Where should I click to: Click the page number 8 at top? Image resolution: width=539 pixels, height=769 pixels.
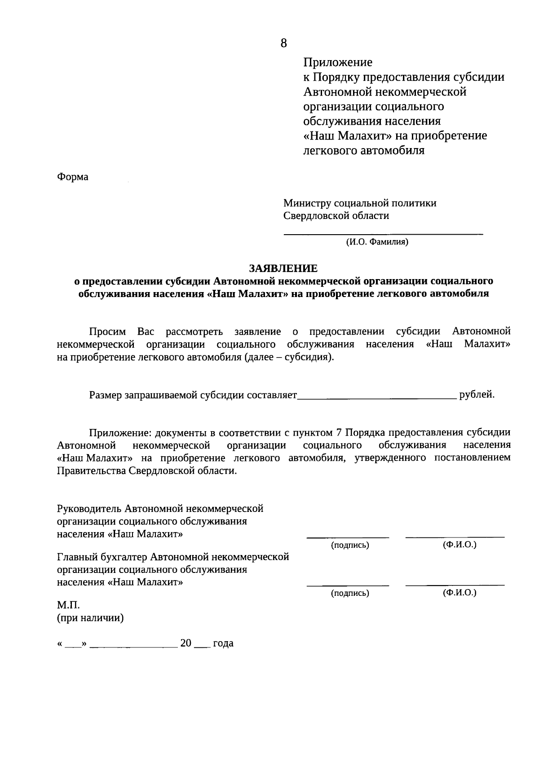coord(283,44)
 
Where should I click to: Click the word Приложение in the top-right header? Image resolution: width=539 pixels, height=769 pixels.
coord(338,62)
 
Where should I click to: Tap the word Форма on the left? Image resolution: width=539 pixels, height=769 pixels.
coord(73,177)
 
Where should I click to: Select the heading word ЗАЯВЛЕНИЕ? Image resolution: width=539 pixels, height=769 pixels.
coord(283,268)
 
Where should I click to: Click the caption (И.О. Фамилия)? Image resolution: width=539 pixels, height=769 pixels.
coord(377,243)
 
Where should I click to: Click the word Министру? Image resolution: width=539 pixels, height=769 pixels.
coord(307,203)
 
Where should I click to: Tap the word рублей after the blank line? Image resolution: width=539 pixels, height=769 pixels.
coord(477,395)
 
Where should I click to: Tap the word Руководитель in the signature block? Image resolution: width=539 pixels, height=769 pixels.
coord(89,509)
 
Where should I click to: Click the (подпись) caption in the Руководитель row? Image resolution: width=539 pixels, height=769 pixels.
coord(350,546)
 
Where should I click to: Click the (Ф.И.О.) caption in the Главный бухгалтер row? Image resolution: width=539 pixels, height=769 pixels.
coord(459,593)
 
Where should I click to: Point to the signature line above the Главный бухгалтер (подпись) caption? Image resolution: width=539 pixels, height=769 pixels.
coord(348,585)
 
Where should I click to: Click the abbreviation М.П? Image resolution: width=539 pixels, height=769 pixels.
coord(68,606)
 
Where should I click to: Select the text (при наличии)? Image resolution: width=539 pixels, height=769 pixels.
coord(90,618)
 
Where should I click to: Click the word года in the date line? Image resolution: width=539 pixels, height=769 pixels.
coord(223,643)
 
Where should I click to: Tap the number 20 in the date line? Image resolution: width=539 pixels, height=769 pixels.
coord(186,643)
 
